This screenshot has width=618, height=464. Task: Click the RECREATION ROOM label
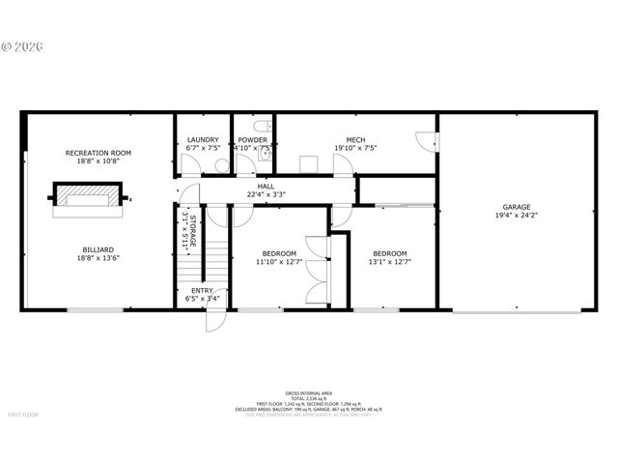coord(98,153)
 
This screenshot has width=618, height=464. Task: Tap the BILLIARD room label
coord(98,248)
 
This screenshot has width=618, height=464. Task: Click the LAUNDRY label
coord(203,139)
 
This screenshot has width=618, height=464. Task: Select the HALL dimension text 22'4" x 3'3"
coord(271,194)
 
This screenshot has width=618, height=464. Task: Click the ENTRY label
coord(202,290)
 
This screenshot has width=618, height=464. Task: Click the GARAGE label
coord(516,207)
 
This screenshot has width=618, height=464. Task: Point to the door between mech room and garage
coord(425,140)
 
